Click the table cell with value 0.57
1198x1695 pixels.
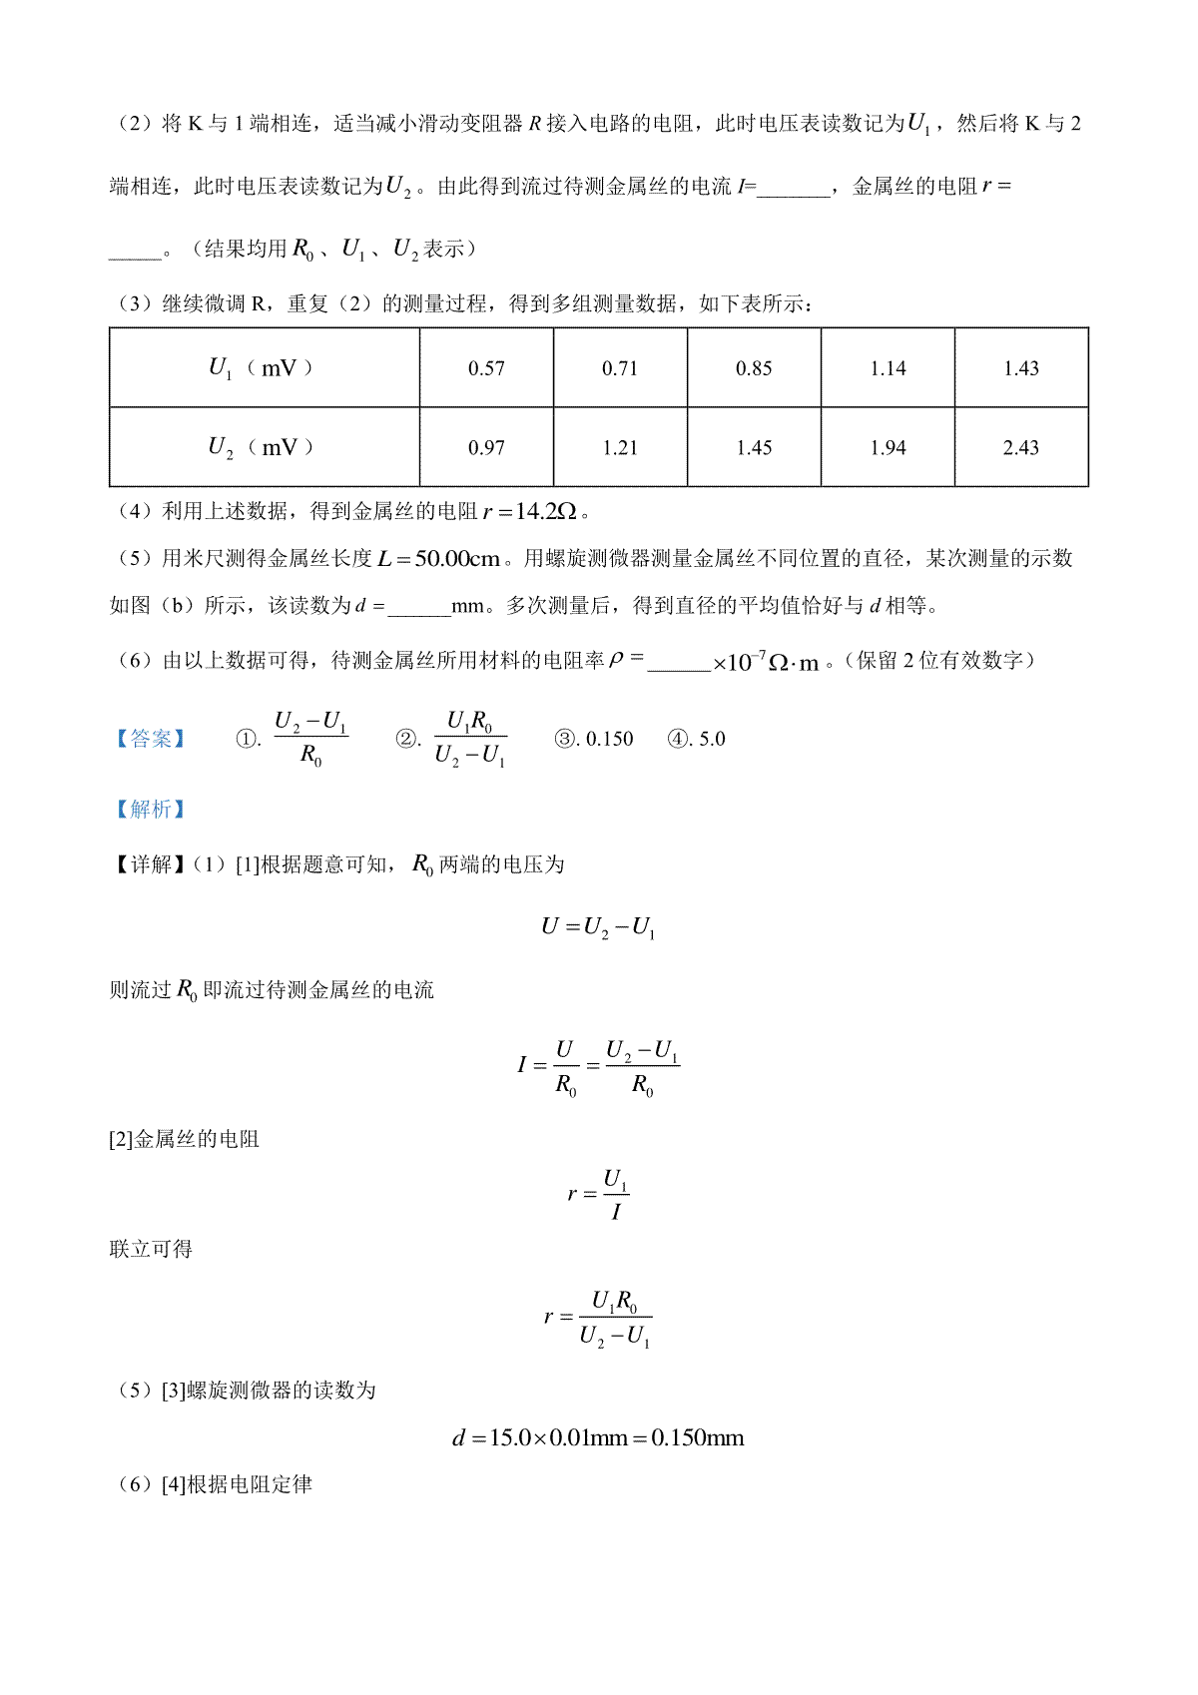point(486,368)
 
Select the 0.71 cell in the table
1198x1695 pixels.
point(620,368)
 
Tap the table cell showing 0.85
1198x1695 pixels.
point(754,368)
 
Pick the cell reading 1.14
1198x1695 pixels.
point(888,368)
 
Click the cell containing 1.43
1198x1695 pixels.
point(1021,368)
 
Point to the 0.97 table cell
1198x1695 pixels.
point(486,448)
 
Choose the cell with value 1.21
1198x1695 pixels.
point(620,448)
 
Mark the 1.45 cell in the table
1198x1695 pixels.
point(754,448)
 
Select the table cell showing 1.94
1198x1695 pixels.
point(888,448)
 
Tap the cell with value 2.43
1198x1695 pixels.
point(1021,448)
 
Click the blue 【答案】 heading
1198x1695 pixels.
point(150,739)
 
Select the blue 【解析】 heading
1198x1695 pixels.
point(150,809)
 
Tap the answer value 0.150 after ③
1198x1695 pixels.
point(609,739)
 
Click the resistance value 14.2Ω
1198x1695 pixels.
point(545,512)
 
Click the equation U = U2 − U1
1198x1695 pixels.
point(598,927)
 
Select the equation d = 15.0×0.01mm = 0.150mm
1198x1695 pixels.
point(598,1438)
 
